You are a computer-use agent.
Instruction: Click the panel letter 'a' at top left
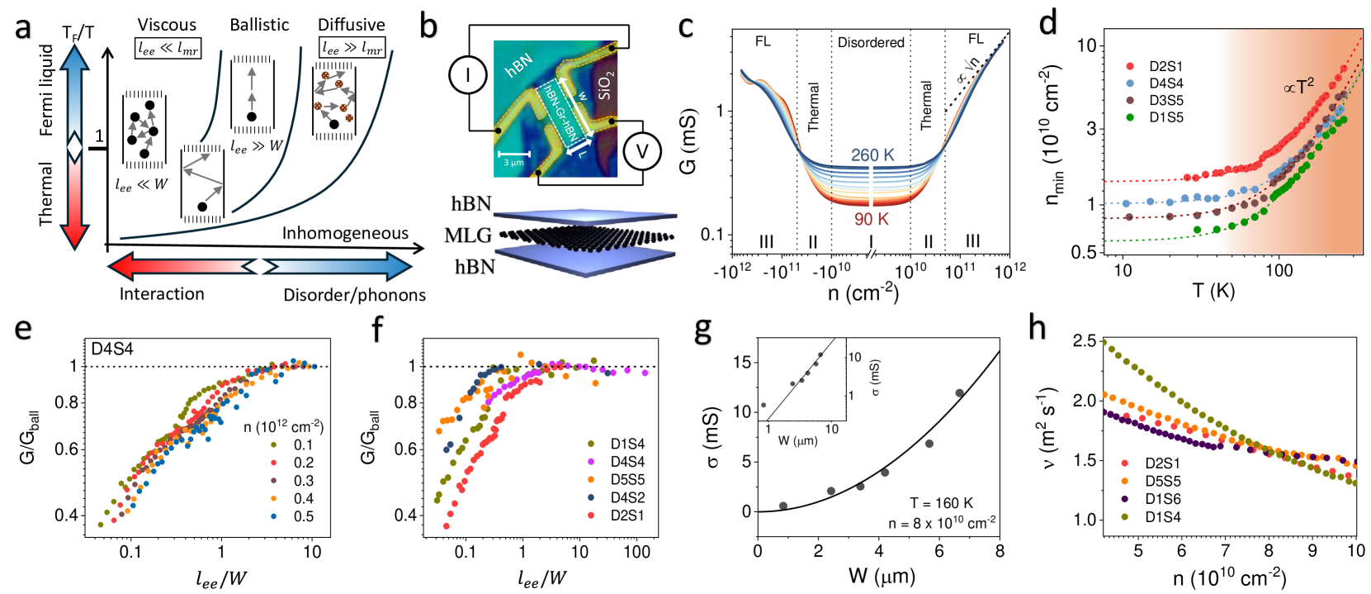(x=23, y=28)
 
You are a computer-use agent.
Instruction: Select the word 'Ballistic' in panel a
(x=259, y=25)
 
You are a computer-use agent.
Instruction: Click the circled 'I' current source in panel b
(x=467, y=76)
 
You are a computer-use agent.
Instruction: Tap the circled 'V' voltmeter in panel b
(x=641, y=151)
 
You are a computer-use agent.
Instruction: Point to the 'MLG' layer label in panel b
(x=468, y=235)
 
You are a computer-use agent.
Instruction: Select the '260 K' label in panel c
(x=872, y=154)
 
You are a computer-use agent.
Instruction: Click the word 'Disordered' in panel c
(x=871, y=42)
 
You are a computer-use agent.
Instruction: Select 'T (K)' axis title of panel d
(x=1213, y=291)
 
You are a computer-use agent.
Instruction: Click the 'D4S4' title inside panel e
(x=112, y=349)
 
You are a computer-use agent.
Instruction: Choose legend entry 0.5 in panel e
(x=304, y=516)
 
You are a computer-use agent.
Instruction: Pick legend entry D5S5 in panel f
(x=627, y=479)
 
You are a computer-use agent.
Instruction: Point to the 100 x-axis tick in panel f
(x=636, y=552)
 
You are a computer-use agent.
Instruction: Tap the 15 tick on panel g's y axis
(x=741, y=362)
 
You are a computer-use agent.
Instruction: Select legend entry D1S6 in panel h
(x=1162, y=499)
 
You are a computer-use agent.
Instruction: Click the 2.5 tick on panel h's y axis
(x=1084, y=341)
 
